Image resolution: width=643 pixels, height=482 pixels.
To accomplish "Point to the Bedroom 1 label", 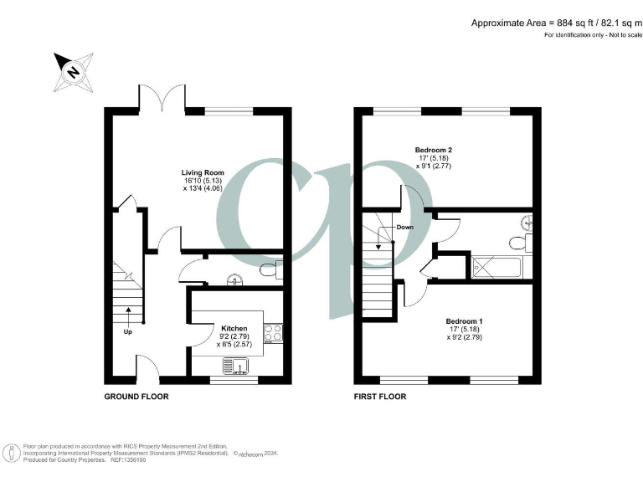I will click(x=463, y=321).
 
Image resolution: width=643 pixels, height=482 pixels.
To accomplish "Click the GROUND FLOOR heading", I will click(x=136, y=397).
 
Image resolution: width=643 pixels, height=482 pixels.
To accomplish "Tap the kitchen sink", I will click(x=235, y=365).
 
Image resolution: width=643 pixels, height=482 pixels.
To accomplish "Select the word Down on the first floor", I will click(x=405, y=227).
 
